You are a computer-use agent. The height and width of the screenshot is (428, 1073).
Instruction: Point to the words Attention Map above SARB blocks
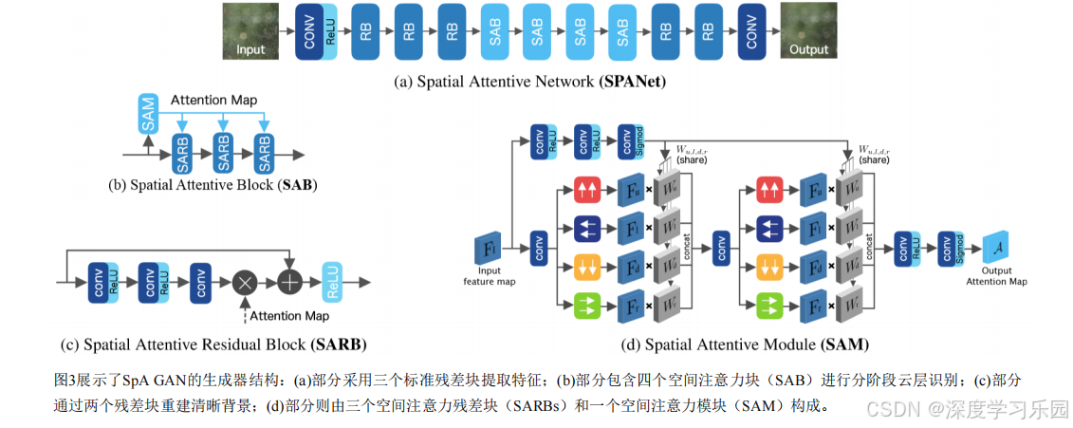(213, 100)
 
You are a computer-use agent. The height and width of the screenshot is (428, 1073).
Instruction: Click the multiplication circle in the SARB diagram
(246, 282)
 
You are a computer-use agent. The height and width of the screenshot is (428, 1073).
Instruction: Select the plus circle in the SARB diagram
(287, 282)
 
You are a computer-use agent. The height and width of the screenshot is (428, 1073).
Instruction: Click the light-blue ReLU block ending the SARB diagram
(333, 282)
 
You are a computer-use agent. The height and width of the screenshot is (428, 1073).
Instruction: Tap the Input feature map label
(489, 276)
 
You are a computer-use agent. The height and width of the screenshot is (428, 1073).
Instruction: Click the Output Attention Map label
(996, 276)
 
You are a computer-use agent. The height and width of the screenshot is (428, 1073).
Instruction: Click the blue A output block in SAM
(995, 248)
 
